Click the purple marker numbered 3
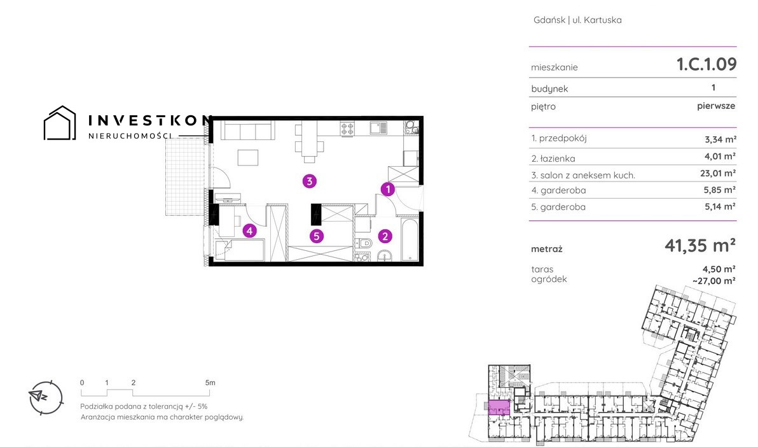tap(310, 181)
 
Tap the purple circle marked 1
tap(387, 189)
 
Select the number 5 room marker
tap(317, 236)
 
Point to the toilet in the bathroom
tap(363, 243)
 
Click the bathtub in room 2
tap(410, 239)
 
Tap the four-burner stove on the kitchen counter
tap(347, 128)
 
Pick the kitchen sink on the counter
tap(378, 128)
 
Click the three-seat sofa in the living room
tap(248, 130)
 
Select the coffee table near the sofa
tap(247, 158)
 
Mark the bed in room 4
tap(240, 250)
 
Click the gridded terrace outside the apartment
tap(185, 177)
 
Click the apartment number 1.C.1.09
tap(706, 64)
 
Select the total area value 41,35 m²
tap(700, 246)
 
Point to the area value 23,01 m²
tap(718, 173)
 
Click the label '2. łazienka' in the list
tap(553, 159)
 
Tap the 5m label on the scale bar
tap(210, 383)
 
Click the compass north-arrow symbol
tap(46, 397)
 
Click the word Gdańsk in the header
tap(549, 20)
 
